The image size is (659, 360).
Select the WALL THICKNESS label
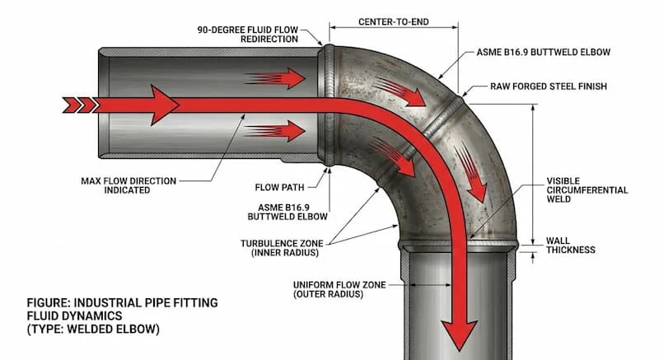[570, 245]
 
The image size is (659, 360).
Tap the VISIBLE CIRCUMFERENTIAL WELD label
[587, 189]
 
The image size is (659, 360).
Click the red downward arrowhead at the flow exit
[460, 333]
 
